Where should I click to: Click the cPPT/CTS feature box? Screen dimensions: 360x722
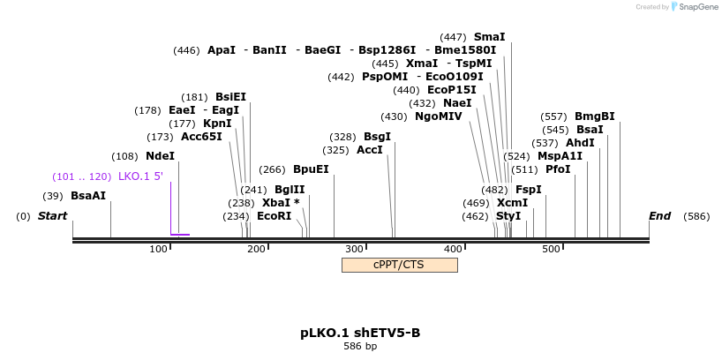399,265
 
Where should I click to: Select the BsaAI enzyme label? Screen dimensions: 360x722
88,195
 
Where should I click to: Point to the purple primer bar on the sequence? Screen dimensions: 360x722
180,235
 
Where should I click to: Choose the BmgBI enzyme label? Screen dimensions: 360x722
594,116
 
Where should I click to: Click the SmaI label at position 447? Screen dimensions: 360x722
489,37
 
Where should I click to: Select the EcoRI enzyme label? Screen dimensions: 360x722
274,215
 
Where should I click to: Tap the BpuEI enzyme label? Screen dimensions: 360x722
311,169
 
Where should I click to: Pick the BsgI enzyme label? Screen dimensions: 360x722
377,137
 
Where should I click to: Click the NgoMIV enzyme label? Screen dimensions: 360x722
438,116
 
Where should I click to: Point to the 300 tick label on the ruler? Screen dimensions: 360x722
355,250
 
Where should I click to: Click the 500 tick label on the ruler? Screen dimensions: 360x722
551,250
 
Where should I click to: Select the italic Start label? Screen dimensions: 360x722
52,216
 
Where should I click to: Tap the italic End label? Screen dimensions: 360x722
659,216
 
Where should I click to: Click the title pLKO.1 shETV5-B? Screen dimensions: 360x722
360,333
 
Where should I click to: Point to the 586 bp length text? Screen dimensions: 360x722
360,347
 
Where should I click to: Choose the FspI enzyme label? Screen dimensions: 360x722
528,189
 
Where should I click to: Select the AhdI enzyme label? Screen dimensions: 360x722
580,143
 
